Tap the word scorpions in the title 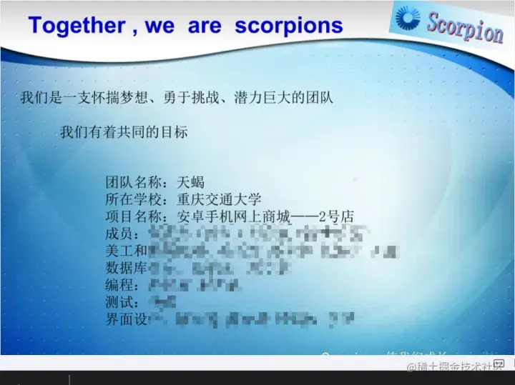(x=289, y=26)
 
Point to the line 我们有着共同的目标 (x=124, y=132)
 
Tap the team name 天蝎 (x=190, y=182)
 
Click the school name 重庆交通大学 (x=219, y=199)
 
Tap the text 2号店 (x=336, y=216)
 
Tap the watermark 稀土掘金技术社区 (x=454, y=367)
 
